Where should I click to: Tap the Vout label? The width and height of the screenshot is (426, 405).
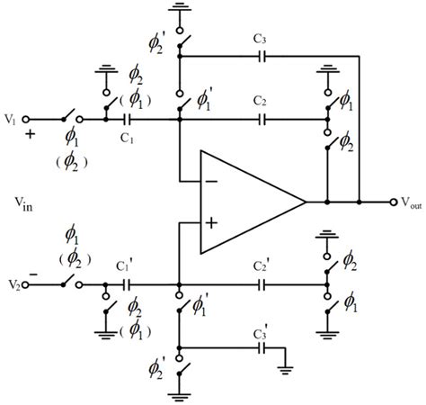coord(406,202)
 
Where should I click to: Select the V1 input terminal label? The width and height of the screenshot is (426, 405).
coord(12,119)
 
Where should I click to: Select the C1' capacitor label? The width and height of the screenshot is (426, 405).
coord(127,265)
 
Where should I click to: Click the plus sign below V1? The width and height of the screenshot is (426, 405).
coord(29,136)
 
